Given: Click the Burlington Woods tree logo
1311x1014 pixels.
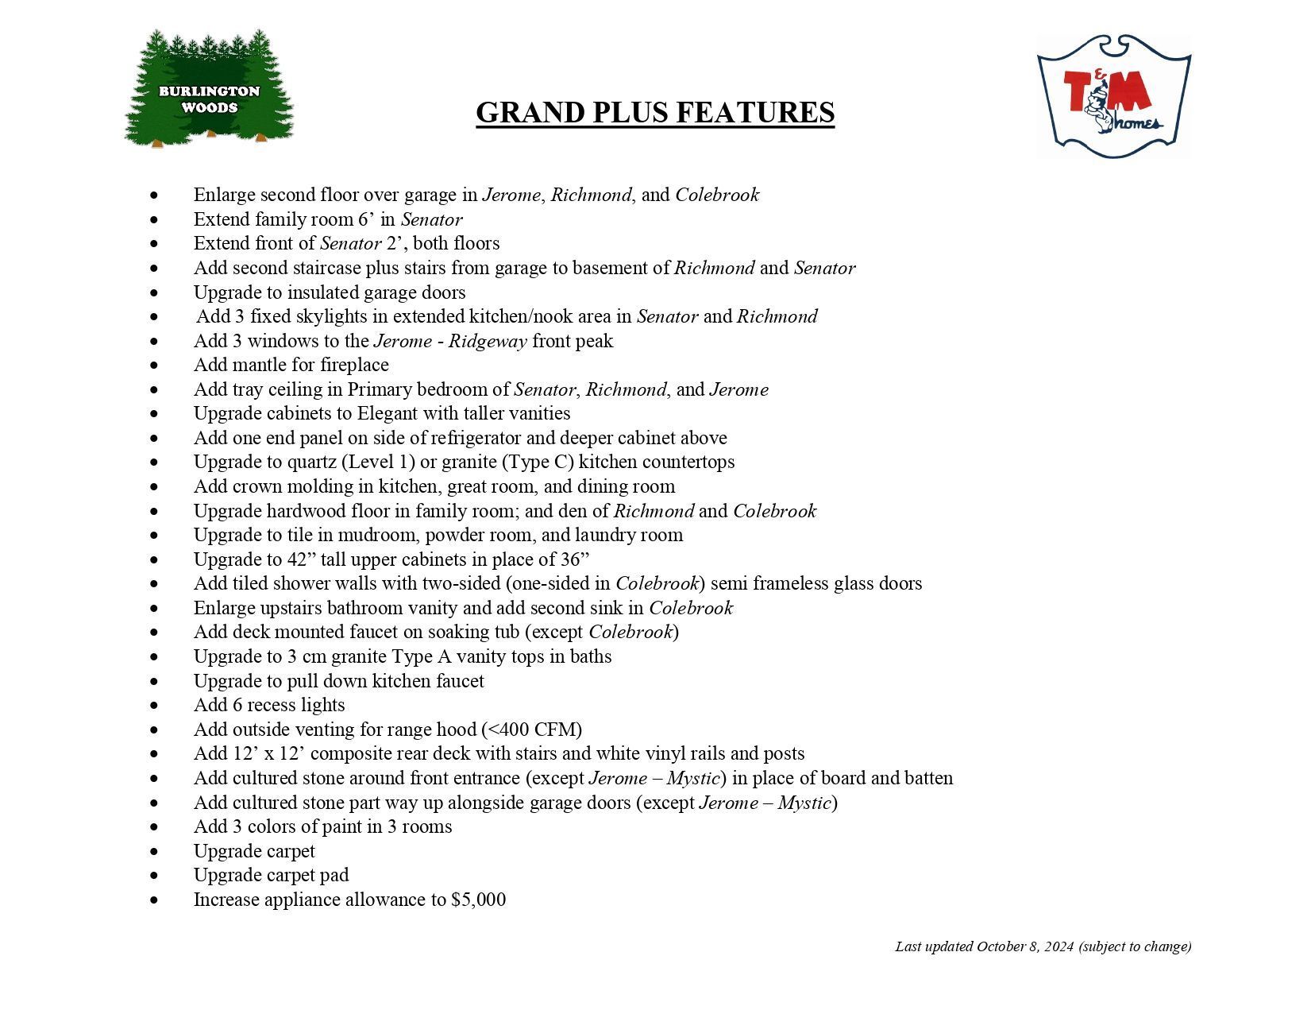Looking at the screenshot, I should [x=209, y=89].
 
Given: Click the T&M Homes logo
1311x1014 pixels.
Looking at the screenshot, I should [x=1113, y=96].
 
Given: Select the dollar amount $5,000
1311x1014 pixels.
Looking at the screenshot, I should [x=478, y=900].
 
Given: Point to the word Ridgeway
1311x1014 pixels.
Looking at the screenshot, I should [x=488, y=342].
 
